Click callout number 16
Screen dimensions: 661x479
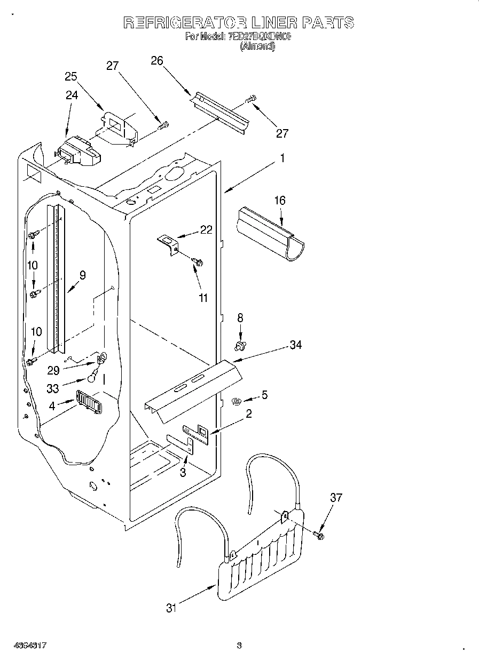(280, 201)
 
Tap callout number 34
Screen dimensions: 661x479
(295, 345)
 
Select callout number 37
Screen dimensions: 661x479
(335, 498)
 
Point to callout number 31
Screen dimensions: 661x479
(171, 608)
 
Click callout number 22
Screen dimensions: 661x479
(206, 230)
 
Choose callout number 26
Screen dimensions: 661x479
(156, 61)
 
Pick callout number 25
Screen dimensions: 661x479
(71, 76)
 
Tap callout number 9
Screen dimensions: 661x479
(82, 275)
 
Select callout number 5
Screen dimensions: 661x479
(264, 395)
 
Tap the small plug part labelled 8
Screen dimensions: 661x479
(240, 346)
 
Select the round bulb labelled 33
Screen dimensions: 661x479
(91, 379)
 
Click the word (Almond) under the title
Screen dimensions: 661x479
(257, 47)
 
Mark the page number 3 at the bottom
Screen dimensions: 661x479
(239, 646)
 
